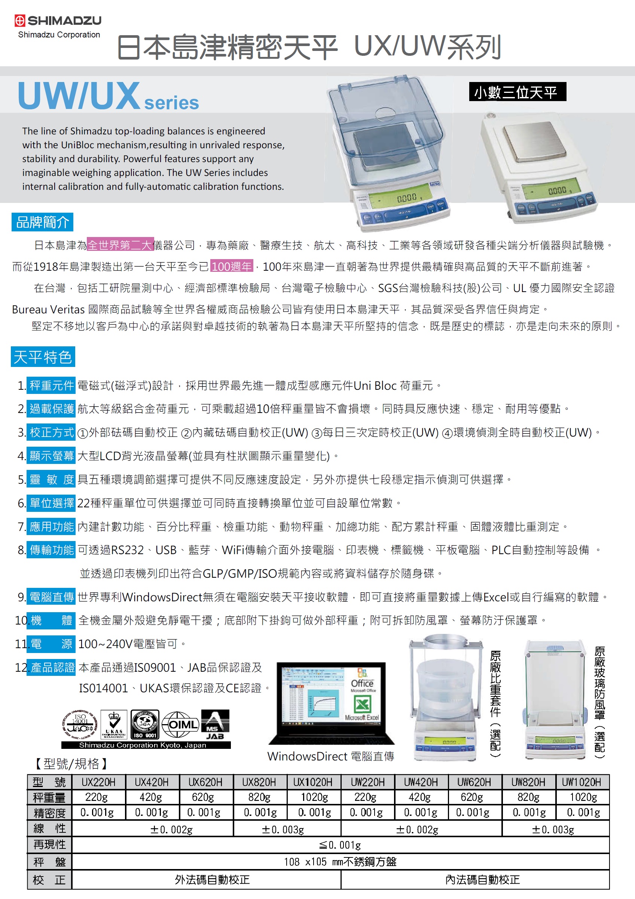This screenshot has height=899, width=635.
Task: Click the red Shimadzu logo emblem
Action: [x=20, y=20]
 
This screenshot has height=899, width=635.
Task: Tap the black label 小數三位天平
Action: [x=517, y=92]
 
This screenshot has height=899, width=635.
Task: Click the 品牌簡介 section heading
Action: [x=42, y=222]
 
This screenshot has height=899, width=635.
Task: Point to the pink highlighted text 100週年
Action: [x=232, y=266]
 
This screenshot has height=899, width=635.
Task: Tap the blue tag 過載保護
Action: [x=51, y=409]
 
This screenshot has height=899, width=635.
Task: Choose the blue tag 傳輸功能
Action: [x=51, y=550]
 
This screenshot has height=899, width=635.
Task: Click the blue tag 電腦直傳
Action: [x=51, y=597]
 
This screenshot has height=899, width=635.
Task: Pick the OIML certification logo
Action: [x=180, y=725]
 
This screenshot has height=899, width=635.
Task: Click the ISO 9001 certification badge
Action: [x=145, y=725]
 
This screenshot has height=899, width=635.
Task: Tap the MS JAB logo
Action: [x=215, y=725]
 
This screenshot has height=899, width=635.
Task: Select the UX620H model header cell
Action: [x=205, y=782]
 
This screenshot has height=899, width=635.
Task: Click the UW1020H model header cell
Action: [x=582, y=782]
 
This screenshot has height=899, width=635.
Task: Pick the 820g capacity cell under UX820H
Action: [x=259, y=797]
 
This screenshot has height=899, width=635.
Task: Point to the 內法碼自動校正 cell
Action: [x=482, y=880]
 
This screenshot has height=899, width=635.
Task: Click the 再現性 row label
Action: [x=50, y=845]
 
